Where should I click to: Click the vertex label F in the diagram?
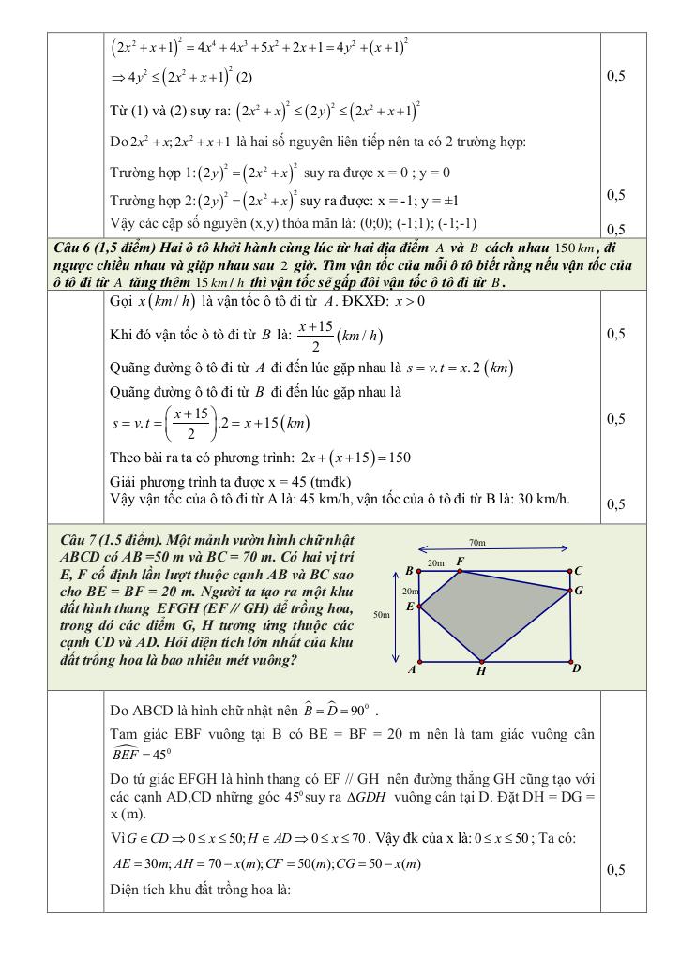[460, 561]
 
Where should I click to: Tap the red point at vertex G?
[571, 591]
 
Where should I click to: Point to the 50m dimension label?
[381, 615]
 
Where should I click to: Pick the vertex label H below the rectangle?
[480, 671]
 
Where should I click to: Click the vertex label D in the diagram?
[577, 667]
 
